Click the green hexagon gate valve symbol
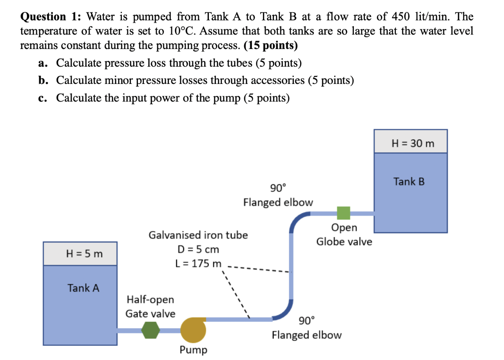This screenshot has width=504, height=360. [150, 330]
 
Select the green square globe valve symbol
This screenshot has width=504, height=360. [343, 213]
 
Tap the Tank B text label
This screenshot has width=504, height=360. [409, 182]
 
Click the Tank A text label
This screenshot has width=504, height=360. [83, 288]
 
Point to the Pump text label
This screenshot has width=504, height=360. [193, 349]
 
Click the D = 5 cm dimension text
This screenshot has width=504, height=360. [198, 249]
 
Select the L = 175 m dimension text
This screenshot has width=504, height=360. [198, 264]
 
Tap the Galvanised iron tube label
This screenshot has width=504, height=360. [198, 235]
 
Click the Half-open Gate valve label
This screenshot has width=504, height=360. [150, 307]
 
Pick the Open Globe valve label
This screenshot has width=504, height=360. [344, 235]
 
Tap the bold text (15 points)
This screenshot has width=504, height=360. [270, 45]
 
